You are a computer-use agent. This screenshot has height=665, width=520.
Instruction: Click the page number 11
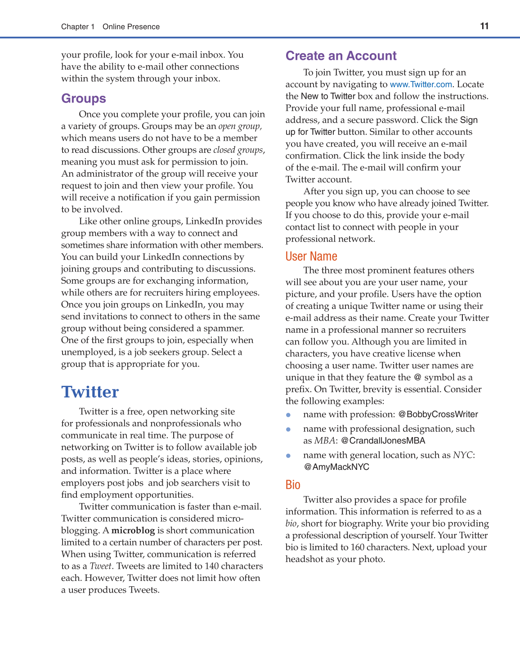click(484, 26)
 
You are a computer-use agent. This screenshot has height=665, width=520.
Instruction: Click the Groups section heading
click(84, 98)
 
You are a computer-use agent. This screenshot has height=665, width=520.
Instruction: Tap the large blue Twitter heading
click(90, 392)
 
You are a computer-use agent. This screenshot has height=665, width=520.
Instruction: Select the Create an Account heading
click(341, 56)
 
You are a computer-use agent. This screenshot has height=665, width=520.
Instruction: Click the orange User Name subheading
click(311, 256)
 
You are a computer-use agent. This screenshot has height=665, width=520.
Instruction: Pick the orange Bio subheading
click(293, 485)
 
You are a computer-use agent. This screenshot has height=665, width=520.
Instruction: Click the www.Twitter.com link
click(421, 85)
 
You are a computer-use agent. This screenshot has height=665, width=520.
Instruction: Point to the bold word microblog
click(133, 531)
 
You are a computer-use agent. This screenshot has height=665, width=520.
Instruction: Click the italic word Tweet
click(101, 566)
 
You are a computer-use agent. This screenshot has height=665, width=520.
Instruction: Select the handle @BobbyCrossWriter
click(438, 415)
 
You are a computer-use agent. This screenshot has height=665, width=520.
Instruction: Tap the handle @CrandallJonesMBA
click(383, 441)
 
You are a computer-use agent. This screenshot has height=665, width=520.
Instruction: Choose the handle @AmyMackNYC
click(336, 467)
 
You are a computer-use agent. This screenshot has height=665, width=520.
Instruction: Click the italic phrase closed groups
click(238, 150)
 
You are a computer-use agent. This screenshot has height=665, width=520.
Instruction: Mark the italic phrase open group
click(240, 126)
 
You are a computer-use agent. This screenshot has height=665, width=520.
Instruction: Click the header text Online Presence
click(131, 27)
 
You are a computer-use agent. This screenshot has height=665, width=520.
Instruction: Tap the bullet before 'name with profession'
click(288, 415)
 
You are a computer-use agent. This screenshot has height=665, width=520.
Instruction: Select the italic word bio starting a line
click(291, 524)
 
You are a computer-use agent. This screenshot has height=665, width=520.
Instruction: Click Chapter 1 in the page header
click(78, 27)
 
